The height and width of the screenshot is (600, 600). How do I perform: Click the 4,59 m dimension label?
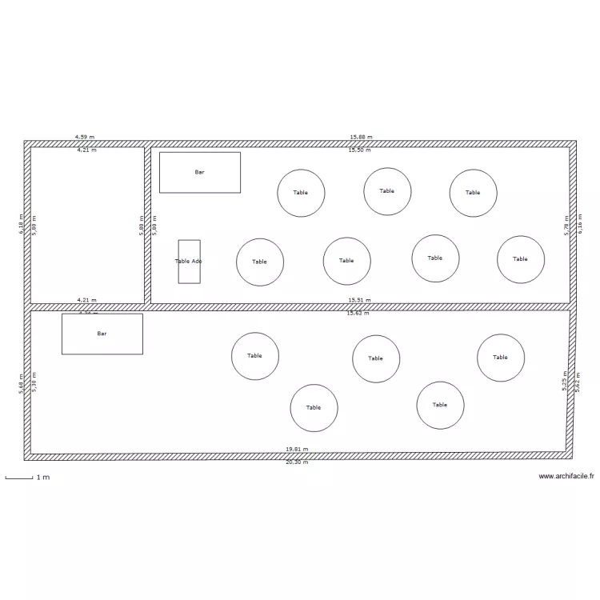tap(85, 138)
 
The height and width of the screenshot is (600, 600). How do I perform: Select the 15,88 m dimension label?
tap(361, 138)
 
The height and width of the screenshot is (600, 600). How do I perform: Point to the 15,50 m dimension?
tap(360, 150)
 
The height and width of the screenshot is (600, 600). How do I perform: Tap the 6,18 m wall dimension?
tap(22, 224)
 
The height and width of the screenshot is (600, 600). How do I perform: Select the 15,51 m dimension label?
tap(359, 300)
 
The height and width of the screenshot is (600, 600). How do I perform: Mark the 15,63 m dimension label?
tap(358, 313)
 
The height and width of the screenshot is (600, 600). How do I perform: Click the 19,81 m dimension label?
tap(297, 450)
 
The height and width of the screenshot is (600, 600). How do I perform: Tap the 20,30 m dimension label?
tap(297, 462)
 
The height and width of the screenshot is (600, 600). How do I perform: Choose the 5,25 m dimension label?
tap(565, 380)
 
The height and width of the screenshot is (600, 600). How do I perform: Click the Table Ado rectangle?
tap(189, 262)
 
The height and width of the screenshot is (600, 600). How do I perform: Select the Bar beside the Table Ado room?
tap(200, 172)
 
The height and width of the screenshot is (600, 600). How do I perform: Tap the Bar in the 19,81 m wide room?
tap(102, 334)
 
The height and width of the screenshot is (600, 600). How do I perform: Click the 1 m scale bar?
tap(19, 478)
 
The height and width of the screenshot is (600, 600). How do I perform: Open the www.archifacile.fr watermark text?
tap(566, 476)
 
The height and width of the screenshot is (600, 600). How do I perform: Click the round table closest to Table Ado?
tap(260, 262)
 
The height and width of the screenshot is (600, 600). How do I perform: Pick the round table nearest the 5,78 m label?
tap(521, 259)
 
